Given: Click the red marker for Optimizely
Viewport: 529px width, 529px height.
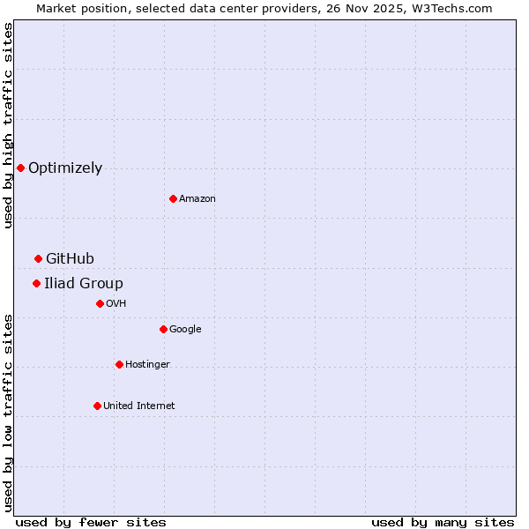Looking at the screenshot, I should pyautogui.click(x=20, y=168).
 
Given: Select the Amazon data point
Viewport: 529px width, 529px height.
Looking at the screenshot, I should pyautogui.click(x=173, y=198).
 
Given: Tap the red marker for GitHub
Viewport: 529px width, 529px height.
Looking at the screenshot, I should pyautogui.click(x=38, y=258).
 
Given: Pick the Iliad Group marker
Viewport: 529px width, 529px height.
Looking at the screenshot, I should pyautogui.click(x=36, y=283).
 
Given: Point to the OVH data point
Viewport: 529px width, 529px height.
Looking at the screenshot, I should pyautogui.click(x=100, y=303).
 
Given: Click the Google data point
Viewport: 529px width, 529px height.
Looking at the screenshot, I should pyautogui.click(x=163, y=329).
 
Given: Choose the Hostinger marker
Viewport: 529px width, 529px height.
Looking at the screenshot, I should pyautogui.click(x=119, y=364).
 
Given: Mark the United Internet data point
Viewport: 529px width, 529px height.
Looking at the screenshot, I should pyautogui.click(x=97, y=406).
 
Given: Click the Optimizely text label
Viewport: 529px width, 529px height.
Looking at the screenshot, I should pyautogui.click(x=65, y=168).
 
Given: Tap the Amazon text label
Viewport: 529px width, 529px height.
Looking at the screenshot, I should pyautogui.click(x=197, y=198).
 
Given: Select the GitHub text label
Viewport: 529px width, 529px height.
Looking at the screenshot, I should pyautogui.click(x=70, y=258).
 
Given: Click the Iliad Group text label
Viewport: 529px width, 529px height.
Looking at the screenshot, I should pyautogui.click(x=84, y=283).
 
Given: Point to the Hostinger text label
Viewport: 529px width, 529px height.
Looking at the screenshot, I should pyautogui.click(x=147, y=364).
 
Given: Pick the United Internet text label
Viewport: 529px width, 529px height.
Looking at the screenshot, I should pyautogui.click(x=139, y=406).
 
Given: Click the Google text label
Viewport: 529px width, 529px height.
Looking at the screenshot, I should pyautogui.click(x=185, y=329).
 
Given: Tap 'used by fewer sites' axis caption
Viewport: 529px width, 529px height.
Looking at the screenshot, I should pyautogui.click(x=91, y=522).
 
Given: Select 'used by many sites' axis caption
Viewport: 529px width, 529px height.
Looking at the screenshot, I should pyautogui.click(x=443, y=522).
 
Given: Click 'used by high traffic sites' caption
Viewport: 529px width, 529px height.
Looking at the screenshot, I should pyautogui.click(x=8, y=125).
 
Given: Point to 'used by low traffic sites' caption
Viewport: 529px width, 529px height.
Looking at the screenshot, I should pyautogui.click(x=8, y=413).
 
